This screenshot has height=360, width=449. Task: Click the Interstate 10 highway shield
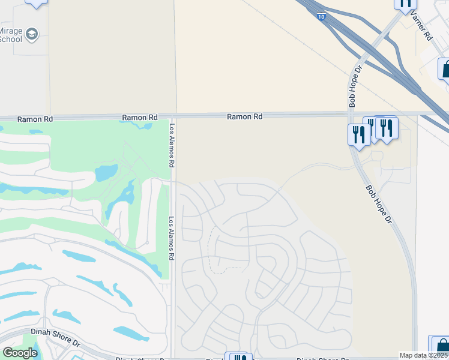pos(323,17)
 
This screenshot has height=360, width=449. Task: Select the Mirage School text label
pos(10,35)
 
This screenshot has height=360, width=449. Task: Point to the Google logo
pos(20,353)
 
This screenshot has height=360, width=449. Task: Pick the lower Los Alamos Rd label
pos(172,238)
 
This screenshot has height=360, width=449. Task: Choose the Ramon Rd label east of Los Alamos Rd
pos(244,117)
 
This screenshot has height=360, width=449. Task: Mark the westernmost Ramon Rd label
pos(35,119)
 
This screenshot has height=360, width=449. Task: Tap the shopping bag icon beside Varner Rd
pos(446,70)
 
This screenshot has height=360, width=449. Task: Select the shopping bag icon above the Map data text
pos(441,345)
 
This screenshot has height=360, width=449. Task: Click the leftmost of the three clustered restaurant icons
pos(359,134)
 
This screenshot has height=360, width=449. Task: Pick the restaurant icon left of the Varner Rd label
pos(405,4)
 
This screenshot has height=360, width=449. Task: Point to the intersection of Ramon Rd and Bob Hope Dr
pos(352,113)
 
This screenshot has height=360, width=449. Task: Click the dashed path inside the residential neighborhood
pos(210,252)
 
